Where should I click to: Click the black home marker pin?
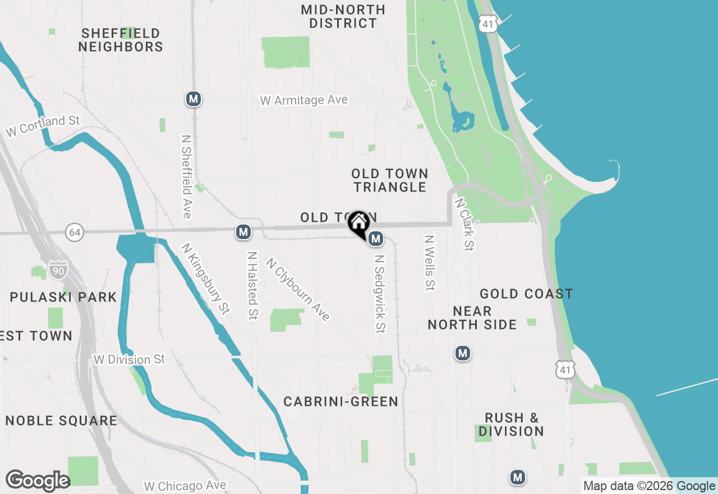(x=358, y=223)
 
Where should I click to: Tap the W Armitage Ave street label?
(x=304, y=100)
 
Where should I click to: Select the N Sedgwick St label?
(x=380, y=294)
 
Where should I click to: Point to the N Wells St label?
(x=430, y=263)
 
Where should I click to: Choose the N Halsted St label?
(x=252, y=285)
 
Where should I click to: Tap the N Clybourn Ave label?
(x=298, y=289)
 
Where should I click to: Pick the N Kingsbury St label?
(x=206, y=278)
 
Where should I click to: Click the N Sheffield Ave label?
(x=187, y=176)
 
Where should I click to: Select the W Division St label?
(x=130, y=359)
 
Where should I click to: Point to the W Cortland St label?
(x=43, y=126)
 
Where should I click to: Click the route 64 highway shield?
(x=74, y=231)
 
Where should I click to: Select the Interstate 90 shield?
(x=58, y=269)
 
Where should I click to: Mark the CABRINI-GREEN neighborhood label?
(x=340, y=401)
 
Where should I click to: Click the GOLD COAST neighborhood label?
(x=526, y=294)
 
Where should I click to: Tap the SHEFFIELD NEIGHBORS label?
(x=121, y=40)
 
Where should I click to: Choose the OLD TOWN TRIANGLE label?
(x=390, y=180)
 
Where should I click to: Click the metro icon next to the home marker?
(x=376, y=239)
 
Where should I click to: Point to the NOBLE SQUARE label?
(x=61, y=420)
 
